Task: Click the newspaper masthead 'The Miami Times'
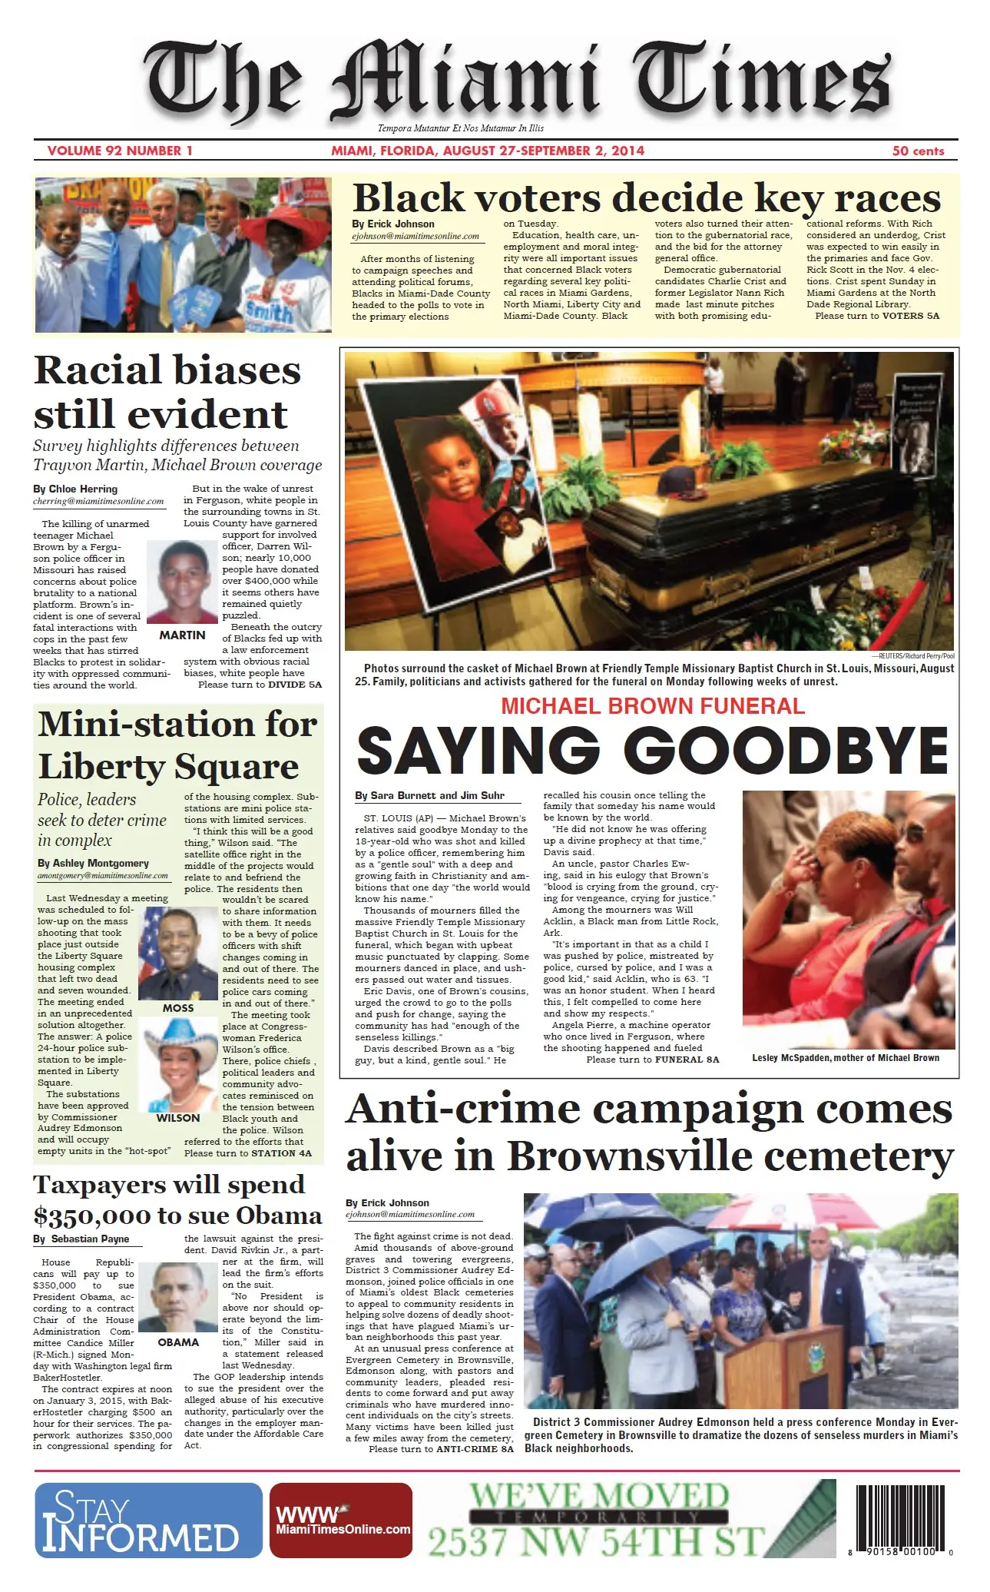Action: pos(519,83)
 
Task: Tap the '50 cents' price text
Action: pos(918,151)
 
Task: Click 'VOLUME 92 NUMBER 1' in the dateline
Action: pos(120,151)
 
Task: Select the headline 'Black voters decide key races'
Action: pos(646,198)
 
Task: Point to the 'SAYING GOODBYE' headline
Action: pos(653,751)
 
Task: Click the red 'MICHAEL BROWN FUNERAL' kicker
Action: pos(653,705)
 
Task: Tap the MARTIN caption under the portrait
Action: pos(182,635)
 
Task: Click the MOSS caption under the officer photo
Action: pos(178,1008)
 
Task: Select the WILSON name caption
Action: pos(178,1119)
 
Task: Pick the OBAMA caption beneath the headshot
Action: pos(178,1342)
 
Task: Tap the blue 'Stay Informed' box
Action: pos(148,1521)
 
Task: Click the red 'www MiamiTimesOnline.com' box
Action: pos(343,1521)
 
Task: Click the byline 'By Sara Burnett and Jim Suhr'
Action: pos(430,796)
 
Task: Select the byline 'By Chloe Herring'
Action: pos(75,489)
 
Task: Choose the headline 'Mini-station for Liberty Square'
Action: pos(177,745)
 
